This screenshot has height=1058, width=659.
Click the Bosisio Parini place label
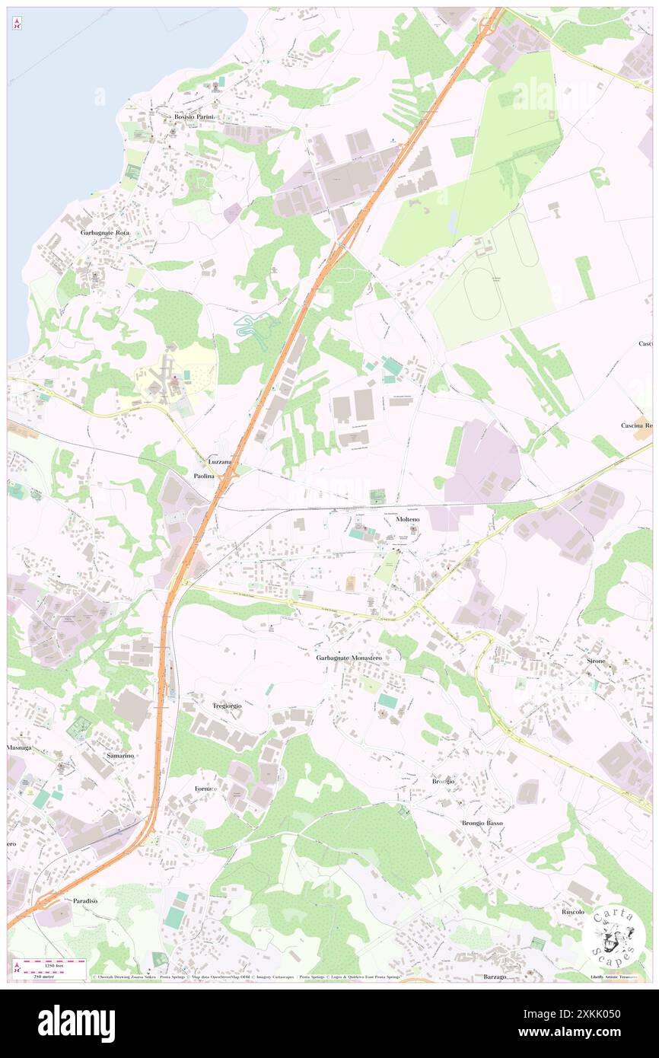point(195,116)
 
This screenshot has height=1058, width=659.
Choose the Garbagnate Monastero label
point(349,658)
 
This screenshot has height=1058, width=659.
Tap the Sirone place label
point(596,661)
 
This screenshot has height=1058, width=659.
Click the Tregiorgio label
point(227,706)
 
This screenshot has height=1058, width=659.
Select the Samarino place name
point(119,755)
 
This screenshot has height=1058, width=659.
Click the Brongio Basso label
point(482,823)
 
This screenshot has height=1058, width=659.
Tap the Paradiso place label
point(85,900)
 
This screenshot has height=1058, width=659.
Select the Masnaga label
point(19,748)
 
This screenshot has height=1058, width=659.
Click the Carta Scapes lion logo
point(614,936)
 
